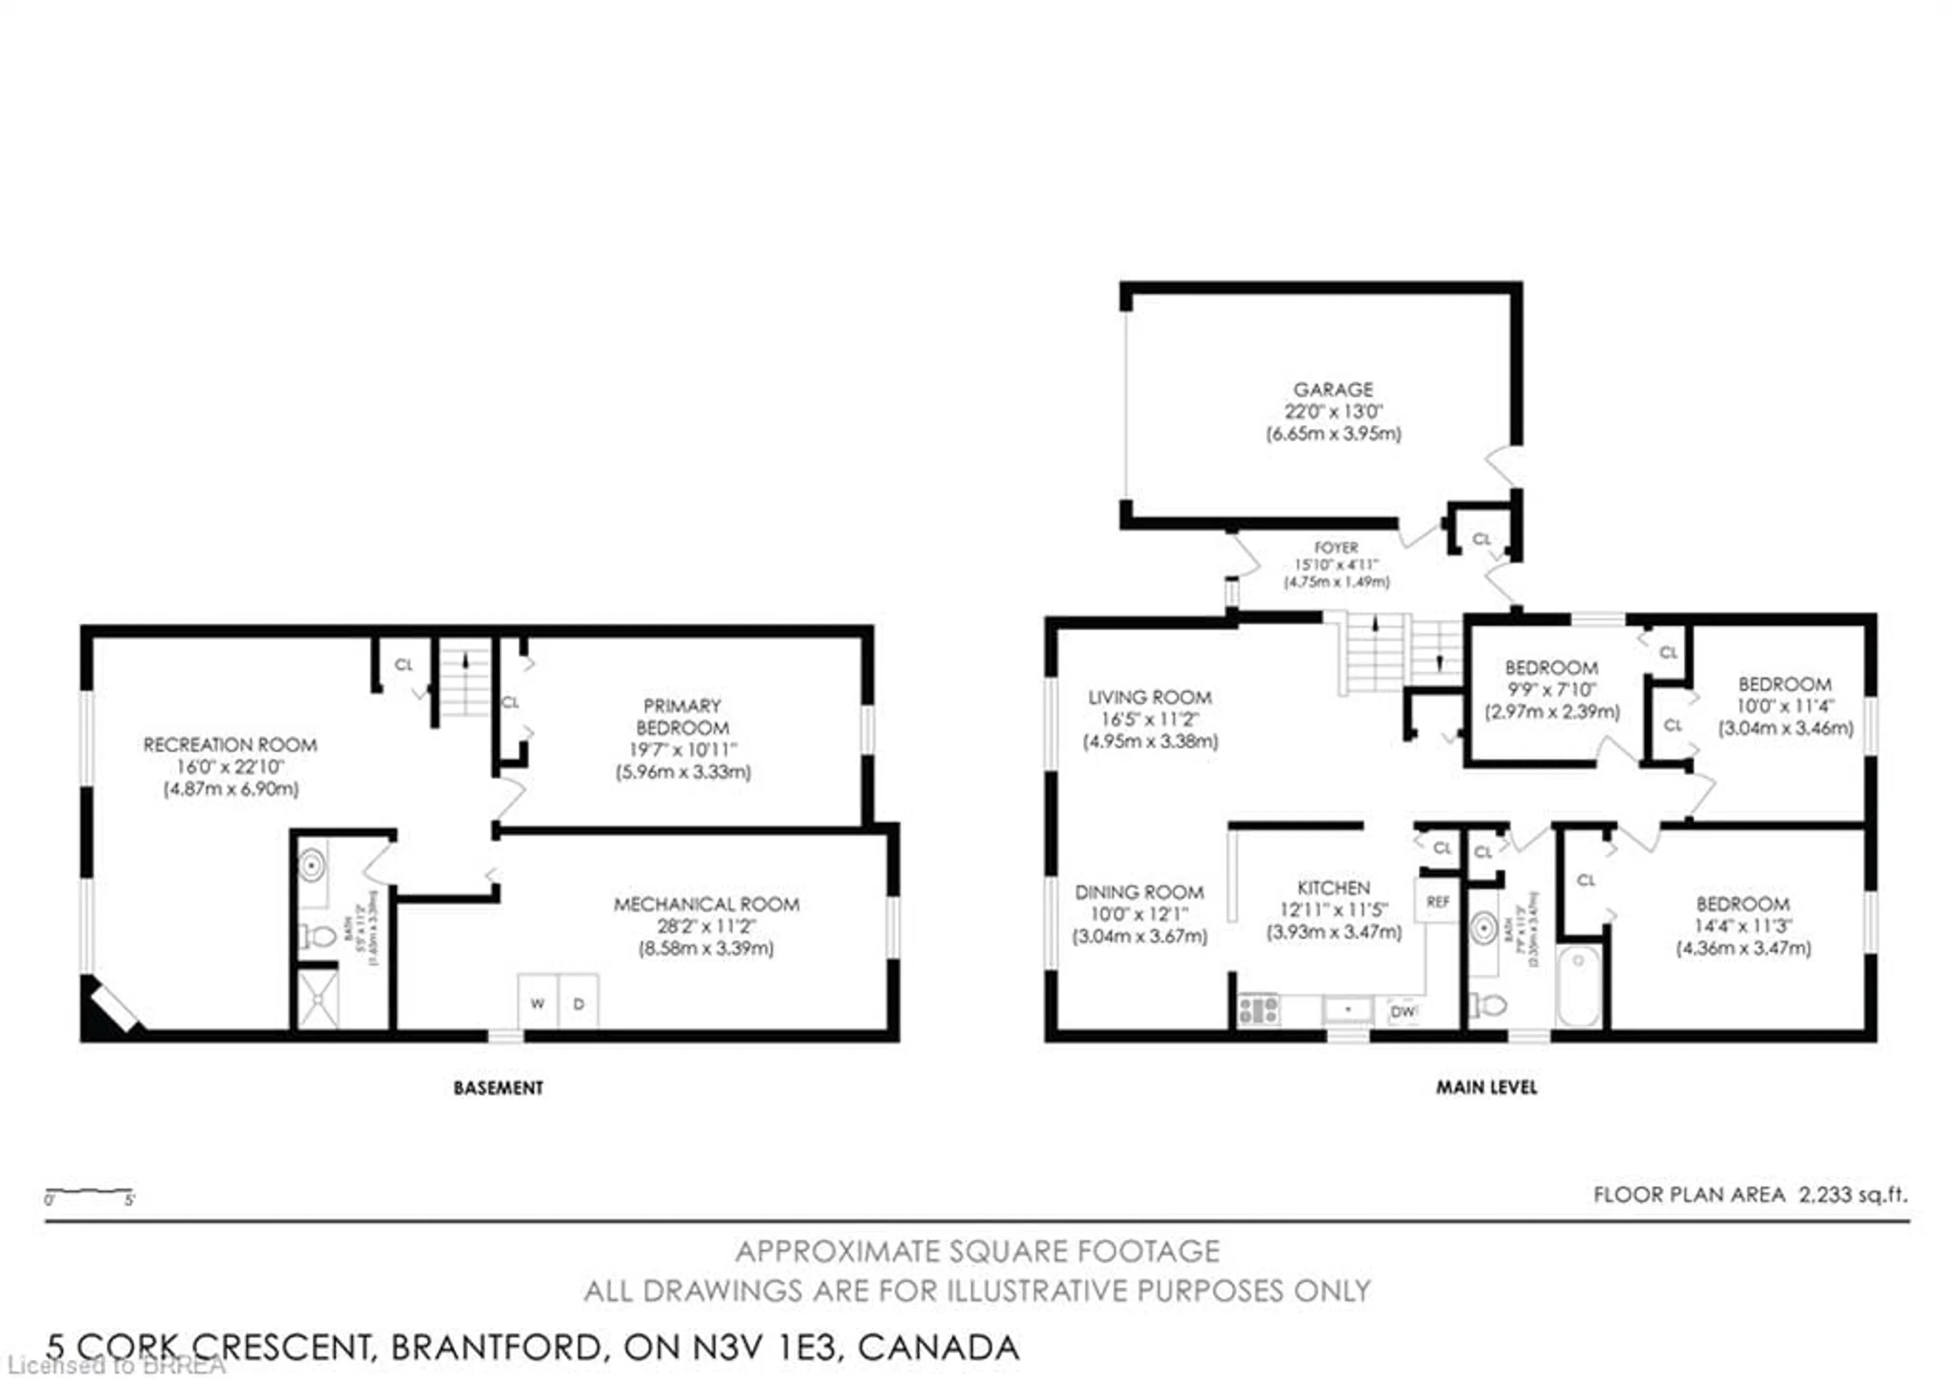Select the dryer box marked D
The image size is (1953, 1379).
pyautogui.click(x=578, y=1003)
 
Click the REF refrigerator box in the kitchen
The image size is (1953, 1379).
pyautogui.click(x=1437, y=901)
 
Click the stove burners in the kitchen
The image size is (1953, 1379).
pyautogui.click(x=1258, y=1010)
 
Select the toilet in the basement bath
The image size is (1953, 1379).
pyautogui.click(x=319, y=936)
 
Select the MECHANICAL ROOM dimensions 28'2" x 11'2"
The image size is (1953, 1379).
pyautogui.click(x=706, y=926)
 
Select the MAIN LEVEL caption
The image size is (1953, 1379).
pyautogui.click(x=1486, y=1087)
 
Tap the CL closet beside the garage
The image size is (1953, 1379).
pyautogui.click(x=1482, y=539)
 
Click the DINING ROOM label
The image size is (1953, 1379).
pyautogui.click(x=1139, y=892)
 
